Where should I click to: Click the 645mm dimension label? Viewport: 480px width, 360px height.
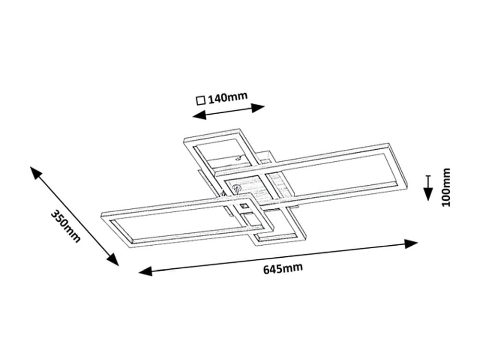click(x=283, y=268)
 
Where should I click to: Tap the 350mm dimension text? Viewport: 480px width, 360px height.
click(x=65, y=226)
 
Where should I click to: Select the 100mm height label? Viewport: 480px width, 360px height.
click(x=446, y=187)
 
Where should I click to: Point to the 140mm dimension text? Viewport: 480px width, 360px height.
click(x=228, y=97)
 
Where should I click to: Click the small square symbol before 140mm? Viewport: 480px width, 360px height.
click(x=201, y=100)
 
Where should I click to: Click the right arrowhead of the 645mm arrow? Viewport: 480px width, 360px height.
click(x=411, y=244)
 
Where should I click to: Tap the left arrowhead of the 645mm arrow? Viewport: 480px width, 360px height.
click(x=145, y=271)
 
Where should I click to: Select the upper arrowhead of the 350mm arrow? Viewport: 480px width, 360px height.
click(x=36, y=173)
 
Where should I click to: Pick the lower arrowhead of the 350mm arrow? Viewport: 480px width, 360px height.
click(x=112, y=260)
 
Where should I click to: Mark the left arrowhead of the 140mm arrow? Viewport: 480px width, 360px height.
click(x=199, y=115)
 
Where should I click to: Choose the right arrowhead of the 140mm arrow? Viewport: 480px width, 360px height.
click(x=258, y=108)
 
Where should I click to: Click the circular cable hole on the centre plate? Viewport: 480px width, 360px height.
click(x=236, y=188)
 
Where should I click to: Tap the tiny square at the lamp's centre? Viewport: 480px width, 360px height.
click(x=244, y=206)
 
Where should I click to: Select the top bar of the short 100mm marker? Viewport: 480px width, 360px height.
click(x=428, y=176)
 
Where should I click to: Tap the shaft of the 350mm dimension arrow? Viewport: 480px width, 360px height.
click(x=74, y=216)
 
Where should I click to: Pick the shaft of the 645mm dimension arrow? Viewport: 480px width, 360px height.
click(x=278, y=257)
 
